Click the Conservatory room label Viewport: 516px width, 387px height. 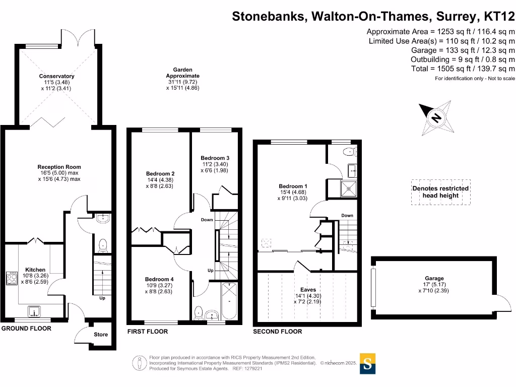tap(57, 77)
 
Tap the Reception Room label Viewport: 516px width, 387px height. tap(59, 167)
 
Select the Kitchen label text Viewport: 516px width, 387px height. tap(35, 270)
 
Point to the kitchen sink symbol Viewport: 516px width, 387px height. tap(34, 311)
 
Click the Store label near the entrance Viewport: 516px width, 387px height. tap(101, 335)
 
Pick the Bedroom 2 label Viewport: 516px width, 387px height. tap(160, 174)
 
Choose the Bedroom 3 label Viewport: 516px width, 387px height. tap(215, 158)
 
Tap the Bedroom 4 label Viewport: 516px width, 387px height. tap(159, 280)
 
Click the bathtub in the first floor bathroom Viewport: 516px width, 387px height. tap(229, 301)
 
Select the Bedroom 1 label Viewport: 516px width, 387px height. tap(292, 186)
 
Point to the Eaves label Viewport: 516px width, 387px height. tap(307, 290)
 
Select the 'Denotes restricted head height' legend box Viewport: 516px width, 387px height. tap(440, 192)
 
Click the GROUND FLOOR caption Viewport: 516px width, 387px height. tap(26, 329)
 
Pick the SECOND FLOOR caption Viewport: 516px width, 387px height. tap(277, 332)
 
